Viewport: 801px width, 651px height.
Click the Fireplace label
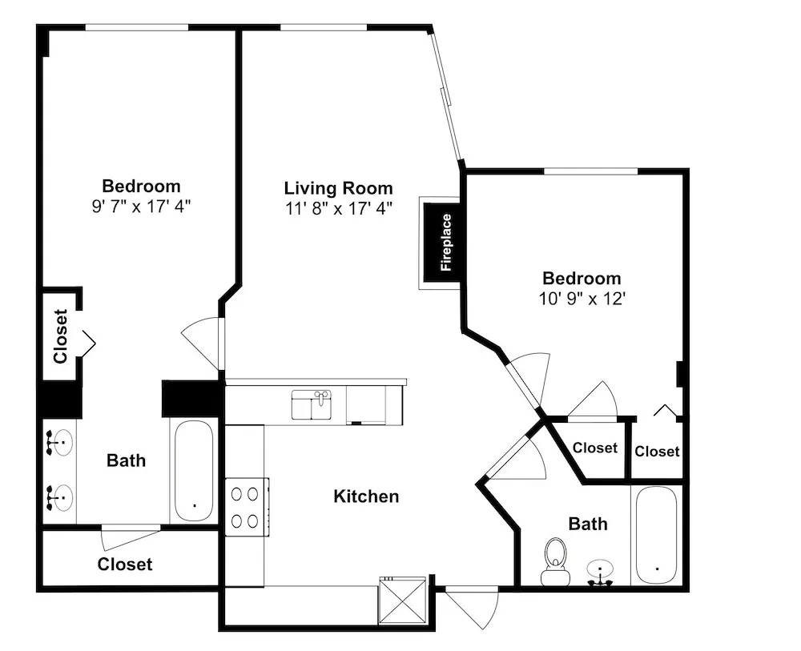[x=446, y=243]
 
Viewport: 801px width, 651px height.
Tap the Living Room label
[x=339, y=188]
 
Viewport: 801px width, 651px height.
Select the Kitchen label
[x=366, y=496]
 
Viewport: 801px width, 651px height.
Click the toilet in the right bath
[x=555, y=561]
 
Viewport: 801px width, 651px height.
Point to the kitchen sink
[x=312, y=404]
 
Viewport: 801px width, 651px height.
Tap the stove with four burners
[x=248, y=507]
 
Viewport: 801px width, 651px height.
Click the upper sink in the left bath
[x=59, y=443]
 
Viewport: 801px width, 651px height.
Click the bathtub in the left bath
[x=194, y=471]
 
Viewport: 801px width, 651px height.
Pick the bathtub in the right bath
[x=657, y=535]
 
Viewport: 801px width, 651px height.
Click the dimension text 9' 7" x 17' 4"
[x=142, y=207]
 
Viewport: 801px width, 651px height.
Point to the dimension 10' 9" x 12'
[x=582, y=299]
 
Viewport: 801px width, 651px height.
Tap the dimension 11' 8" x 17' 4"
[x=339, y=208]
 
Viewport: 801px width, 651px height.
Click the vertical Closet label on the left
[x=61, y=336]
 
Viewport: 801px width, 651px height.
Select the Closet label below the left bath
[x=125, y=565]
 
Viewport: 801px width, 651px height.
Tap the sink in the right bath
[x=600, y=572]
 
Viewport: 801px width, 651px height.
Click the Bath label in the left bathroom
[x=127, y=460]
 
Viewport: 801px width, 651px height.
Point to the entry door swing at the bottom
[x=472, y=608]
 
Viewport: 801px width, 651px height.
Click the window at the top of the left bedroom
[x=137, y=27]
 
